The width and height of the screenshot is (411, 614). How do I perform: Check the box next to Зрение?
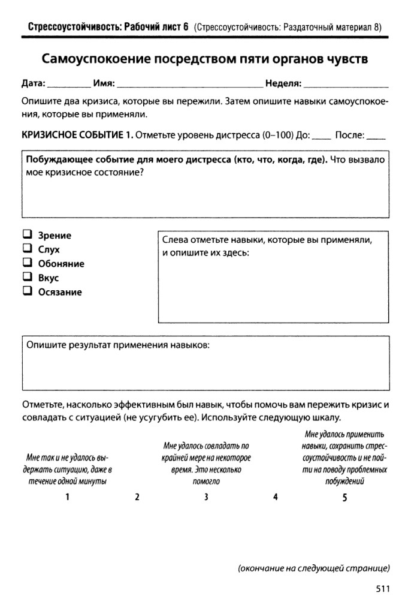pos(27,235)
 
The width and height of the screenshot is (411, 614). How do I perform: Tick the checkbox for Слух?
pos(27,249)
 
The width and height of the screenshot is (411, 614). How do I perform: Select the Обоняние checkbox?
pos(27,263)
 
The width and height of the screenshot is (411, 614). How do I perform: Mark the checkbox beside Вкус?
pos(27,278)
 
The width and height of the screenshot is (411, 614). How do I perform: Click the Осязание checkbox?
pos(27,292)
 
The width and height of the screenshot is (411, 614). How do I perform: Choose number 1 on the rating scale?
pos(68,496)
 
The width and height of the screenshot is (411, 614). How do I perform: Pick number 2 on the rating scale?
pos(137,496)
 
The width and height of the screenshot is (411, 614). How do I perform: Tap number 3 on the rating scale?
pos(205,496)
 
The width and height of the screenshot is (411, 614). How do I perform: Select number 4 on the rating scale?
pos(275,496)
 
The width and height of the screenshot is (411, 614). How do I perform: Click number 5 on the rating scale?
pos(344,496)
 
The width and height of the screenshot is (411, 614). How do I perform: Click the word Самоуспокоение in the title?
pos(97,60)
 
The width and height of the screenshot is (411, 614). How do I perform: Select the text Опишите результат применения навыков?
pos(118,345)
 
